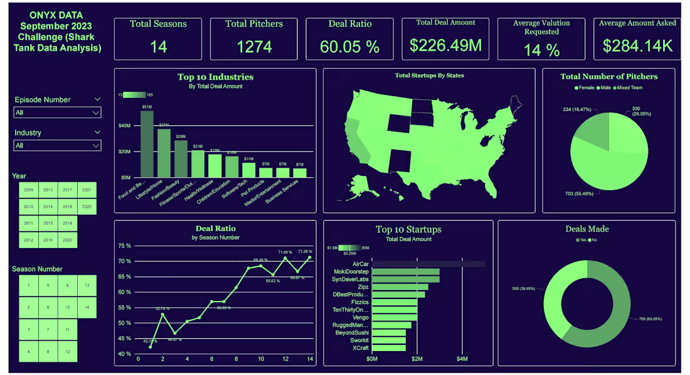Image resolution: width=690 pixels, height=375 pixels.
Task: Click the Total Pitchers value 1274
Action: [x=254, y=46]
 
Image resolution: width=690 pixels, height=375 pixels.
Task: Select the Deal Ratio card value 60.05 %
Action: [x=349, y=46]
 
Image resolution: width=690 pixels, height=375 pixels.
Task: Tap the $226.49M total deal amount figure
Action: [x=446, y=45]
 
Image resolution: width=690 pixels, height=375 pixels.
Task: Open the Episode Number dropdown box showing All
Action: [x=57, y=113]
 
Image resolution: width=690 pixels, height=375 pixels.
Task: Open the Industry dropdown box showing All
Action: [x=57, y=146]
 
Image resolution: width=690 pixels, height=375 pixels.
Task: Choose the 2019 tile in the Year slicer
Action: [x=68, y=222]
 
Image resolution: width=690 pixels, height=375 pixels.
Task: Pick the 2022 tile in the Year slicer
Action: [x=86, y=206]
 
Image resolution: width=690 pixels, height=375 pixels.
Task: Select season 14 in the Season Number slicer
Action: [x=86, y=308]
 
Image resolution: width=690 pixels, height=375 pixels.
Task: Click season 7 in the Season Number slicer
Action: [x=48, y=329]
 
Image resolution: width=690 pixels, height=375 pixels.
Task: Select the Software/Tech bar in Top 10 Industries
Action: [x=249, y=170]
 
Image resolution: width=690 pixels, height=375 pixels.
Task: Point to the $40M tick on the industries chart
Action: [x=125, y=126]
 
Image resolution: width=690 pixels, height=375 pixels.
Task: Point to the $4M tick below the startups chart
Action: [x=462, y=359]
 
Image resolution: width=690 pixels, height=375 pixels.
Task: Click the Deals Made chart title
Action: [x=586, y=229]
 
